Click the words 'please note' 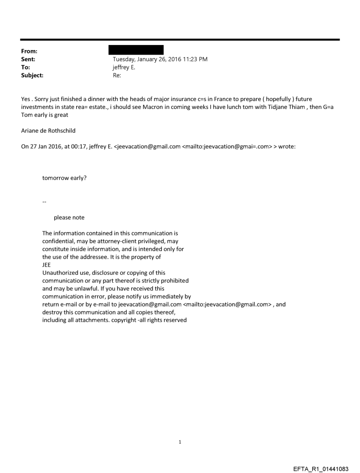tap(69, 217)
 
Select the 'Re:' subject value tap(117, 75)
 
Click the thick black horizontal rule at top tap(180, 40)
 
